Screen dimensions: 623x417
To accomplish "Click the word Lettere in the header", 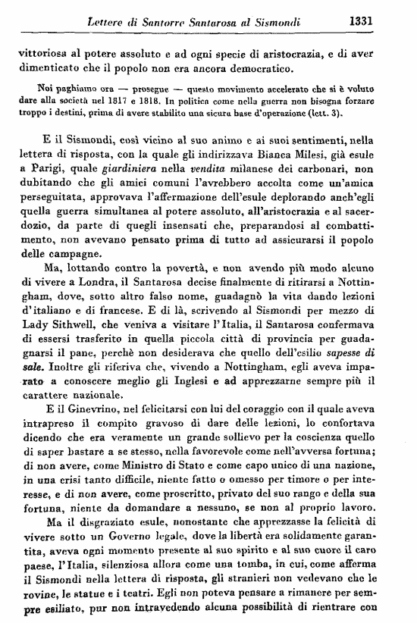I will (x=111, y=22).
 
